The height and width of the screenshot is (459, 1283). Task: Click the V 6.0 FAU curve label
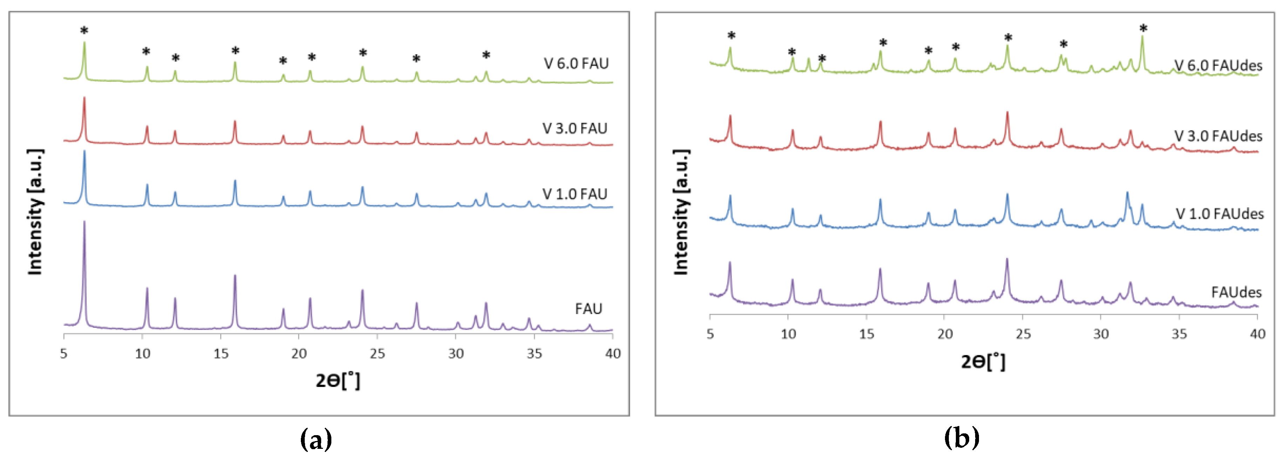point(576,64)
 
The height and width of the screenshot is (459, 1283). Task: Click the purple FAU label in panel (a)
point(588,309)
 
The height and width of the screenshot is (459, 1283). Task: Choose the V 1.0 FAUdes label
point(1219,214)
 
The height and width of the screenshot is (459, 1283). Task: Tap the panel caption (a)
point(316,439)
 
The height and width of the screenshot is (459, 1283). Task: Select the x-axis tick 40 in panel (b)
point(1257,334)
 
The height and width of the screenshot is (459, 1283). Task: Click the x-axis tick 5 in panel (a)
point(64,353)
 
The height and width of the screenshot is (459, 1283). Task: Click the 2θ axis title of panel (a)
point(338,381)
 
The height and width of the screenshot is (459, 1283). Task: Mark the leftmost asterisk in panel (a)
point(84,31)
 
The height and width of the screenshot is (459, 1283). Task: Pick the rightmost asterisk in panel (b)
point(1143,29)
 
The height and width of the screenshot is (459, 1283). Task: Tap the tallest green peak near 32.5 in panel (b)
point(1142,38)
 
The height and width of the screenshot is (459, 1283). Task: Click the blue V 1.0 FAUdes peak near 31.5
point(1127,193)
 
